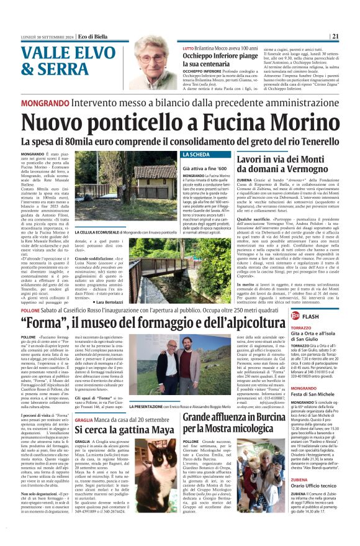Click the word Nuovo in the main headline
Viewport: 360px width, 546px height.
click(61, 124)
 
